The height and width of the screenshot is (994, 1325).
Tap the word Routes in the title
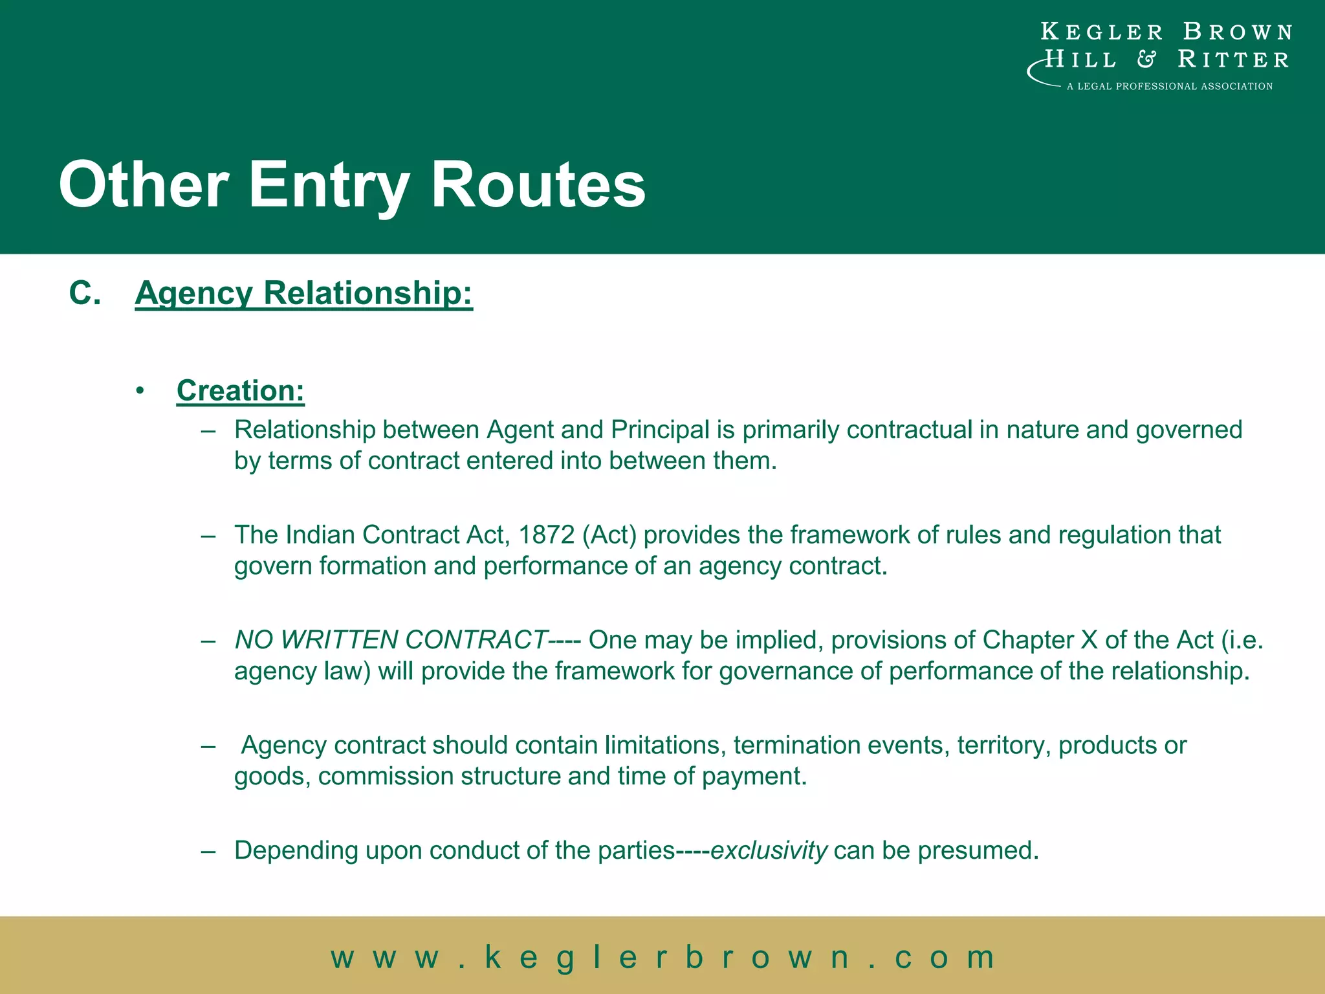point(538,186)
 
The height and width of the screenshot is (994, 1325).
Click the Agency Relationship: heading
point(303,293)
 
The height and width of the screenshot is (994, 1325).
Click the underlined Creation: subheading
point(240,391)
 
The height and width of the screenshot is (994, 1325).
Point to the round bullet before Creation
point(140,391)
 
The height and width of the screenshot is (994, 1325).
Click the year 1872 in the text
point(546,535)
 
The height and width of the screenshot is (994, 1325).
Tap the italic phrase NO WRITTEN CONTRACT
point(391,640)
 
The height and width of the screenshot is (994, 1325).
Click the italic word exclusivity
point(769,850)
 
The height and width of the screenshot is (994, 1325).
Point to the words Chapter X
point(1040,640)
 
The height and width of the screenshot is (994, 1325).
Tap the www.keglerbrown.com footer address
point(662,956)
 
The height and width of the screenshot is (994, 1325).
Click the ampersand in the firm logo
point(1146,60)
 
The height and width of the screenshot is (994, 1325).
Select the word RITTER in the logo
point(1233,60)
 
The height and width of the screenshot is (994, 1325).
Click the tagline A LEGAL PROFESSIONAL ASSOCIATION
point(1169,86)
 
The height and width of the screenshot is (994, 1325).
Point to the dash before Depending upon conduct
point(208,850)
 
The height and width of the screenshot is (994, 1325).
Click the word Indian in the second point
point(320,535)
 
